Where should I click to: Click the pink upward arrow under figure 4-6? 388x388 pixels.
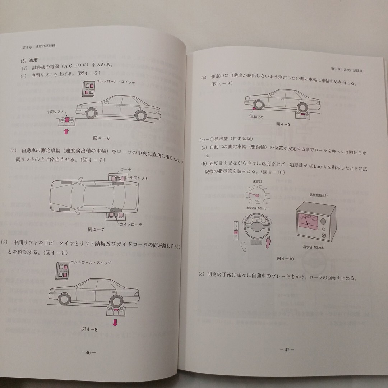[x=66, y=131]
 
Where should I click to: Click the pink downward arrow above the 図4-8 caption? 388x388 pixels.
[x=115, y=322]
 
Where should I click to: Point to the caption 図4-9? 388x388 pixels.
[x=283, y=124]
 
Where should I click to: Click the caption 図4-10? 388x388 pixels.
[x=285, y=259]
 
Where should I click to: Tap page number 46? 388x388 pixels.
[x=88, y=352]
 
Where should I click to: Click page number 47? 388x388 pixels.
[x=287, y=349]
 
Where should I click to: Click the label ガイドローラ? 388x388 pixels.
[x=130, y=225]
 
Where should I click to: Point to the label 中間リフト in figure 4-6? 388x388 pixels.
[x=55, y=112]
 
